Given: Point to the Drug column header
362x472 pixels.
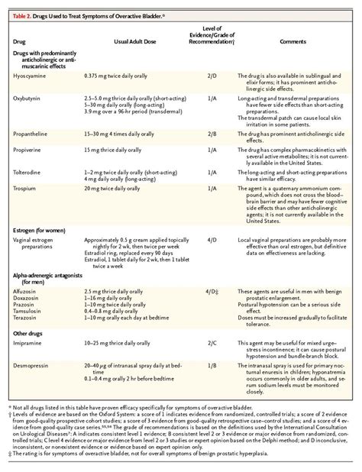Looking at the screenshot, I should click(x=21, y=41).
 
